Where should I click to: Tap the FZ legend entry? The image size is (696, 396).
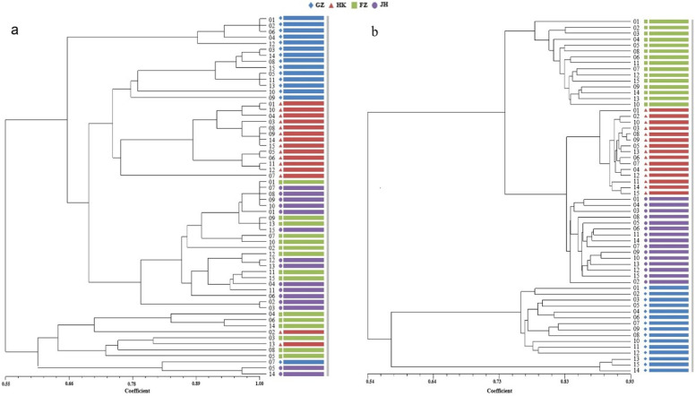(x=362, y=5)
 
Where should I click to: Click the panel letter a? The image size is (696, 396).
(x=15, y=30)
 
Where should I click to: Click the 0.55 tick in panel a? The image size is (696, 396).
(x=6, y=381)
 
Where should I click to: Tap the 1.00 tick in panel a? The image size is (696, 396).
(x=260, y=381)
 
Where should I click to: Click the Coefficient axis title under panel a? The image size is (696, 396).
(x=133, y=389)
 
